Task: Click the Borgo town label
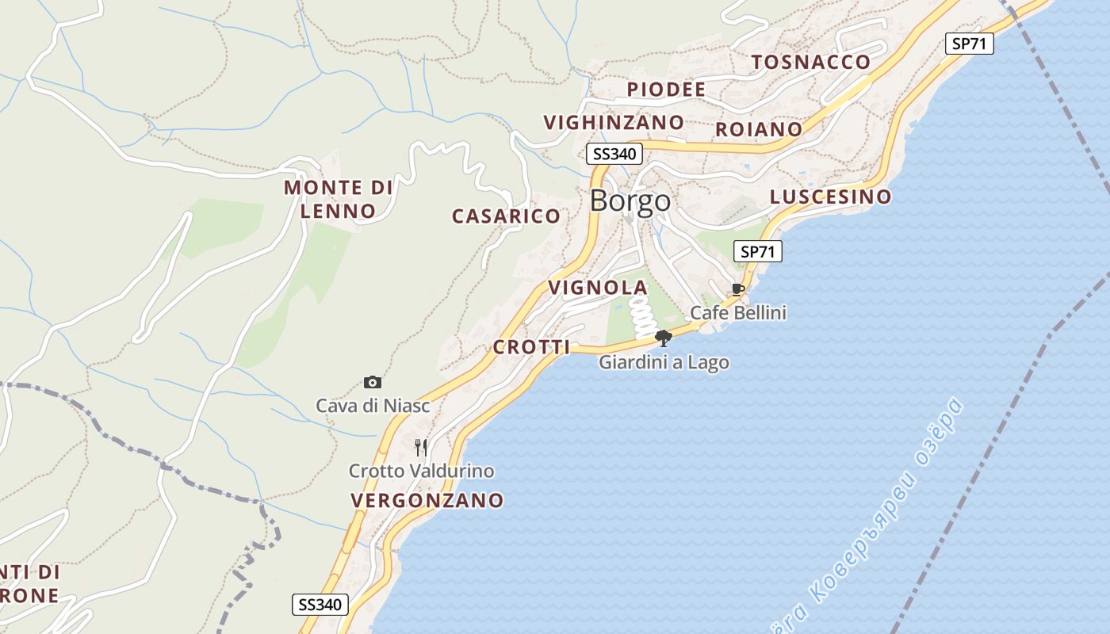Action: pos(630,201)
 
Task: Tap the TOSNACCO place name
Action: pos(810,62)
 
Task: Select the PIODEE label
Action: pos(666,90)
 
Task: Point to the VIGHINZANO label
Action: pos(613,123)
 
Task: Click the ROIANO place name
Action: pos(759,129)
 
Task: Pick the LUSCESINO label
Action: pos(830,197)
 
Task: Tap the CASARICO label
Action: pos(506,216)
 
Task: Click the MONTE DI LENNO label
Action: pos(339,200)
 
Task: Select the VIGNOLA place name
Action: pos(598,287)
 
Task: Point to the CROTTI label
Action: pos(531,347)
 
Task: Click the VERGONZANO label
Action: pos(427,501)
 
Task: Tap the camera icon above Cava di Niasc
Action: pos(373,383)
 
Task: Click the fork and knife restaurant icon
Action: pos(421,448)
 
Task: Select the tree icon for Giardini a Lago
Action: pos(664,338)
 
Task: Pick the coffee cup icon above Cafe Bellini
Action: pos(738,289)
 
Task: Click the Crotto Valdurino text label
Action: pos(421,472)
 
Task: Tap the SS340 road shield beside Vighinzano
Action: pos(614,154)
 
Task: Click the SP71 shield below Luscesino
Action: pos(757,252)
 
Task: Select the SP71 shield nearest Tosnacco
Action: pos(969,44)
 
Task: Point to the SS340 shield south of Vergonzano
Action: pos(320,605)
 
